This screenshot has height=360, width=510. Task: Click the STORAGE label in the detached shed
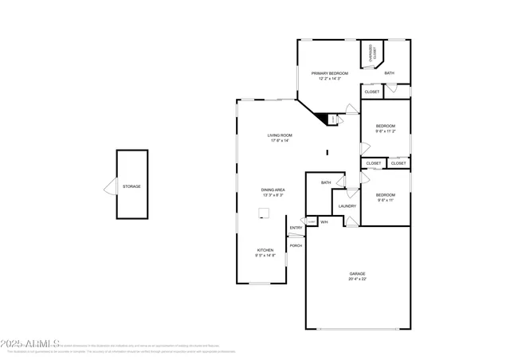click(131, 186)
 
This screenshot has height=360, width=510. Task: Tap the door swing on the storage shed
click(110, 188)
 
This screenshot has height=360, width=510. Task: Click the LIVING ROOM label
click(278, 135)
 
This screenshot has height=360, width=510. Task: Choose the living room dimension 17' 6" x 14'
click(278, 141)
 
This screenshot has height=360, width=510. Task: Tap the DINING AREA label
click(273, 190)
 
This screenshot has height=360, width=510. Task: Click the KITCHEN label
click(265, 250)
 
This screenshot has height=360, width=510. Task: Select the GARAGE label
click(357, 273)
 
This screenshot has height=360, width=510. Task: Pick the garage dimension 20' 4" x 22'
click(357, 279)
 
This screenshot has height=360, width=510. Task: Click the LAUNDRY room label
click(347, 206)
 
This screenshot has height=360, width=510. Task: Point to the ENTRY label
click(296, 229)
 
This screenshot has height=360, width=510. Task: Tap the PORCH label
click(296, 245)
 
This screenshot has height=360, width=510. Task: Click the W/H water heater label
click(324, 222)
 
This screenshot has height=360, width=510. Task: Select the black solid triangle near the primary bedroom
click(323, 119)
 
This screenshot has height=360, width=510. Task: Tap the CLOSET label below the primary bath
click(372, 92)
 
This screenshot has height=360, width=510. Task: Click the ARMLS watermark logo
click(32, 343)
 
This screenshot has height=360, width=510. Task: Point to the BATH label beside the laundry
click(326, 182)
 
